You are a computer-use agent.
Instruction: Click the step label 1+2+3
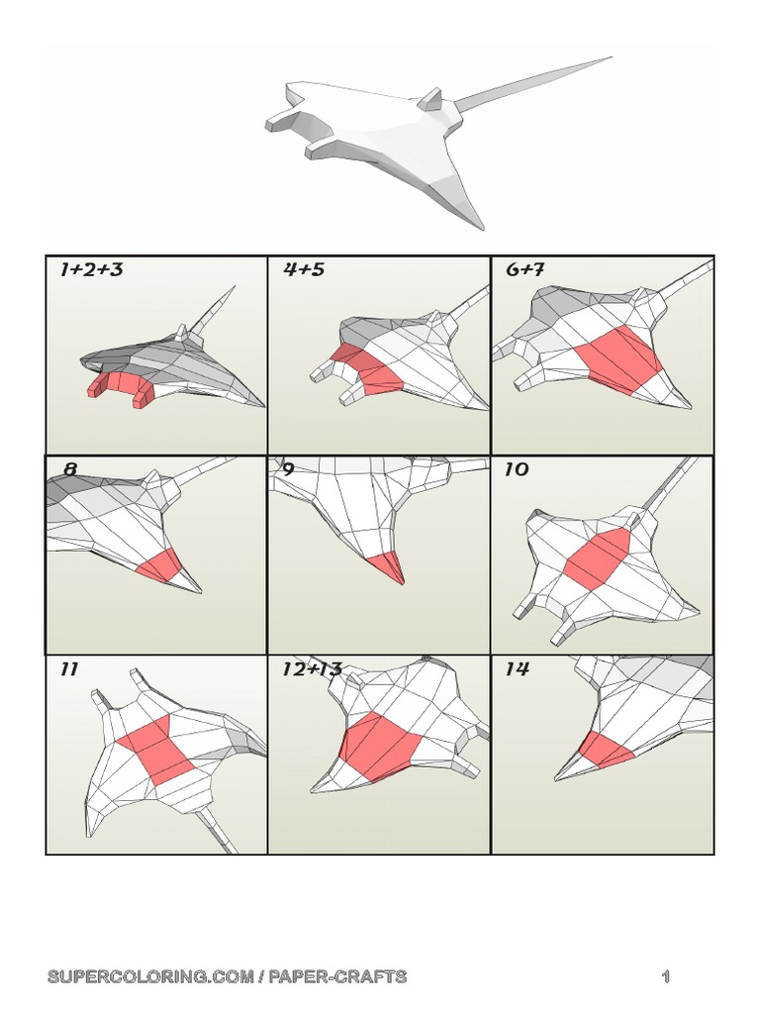tap(91, 269)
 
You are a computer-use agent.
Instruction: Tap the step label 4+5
tap(304, 269)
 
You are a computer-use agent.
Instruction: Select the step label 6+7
tap(525, 269)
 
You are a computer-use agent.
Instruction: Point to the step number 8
tap(69, 468)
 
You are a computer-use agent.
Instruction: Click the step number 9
tap(288, 468)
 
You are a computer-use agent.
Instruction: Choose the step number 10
tap(516, 468)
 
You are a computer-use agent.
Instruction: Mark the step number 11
tap(68, 668)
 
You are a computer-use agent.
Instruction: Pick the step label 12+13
tap(312, 668)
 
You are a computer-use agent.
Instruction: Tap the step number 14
tap(516, 668)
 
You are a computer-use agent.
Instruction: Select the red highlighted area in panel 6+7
tap(619, 355)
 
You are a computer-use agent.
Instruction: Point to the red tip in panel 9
tap(385, 566)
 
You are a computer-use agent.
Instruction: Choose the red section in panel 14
tap(605, 750)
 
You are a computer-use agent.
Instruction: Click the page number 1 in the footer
tap(666, 977)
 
